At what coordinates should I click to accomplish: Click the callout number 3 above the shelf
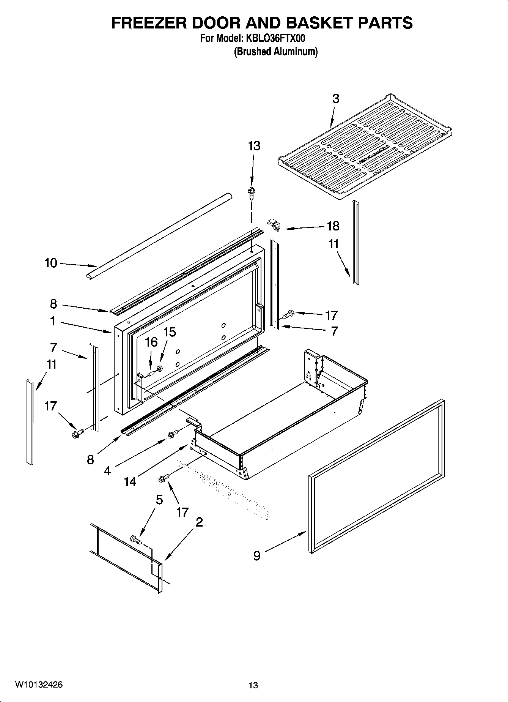(x=336, y=99)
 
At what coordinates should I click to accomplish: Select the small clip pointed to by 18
(x=274, y=225)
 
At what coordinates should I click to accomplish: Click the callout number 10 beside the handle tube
(x=51, y=263)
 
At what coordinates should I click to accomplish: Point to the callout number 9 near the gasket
(x=257, y=556)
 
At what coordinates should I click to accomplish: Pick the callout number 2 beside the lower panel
(x=199, y=522)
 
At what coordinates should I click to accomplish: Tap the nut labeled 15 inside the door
(x=160, y=368)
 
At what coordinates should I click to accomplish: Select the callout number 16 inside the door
(x=151, y=342)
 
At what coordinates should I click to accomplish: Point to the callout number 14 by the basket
(x=130, y=481)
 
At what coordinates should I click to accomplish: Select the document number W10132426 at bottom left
(x=39, y=685)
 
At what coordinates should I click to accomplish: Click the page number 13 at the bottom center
(x=253, y=685)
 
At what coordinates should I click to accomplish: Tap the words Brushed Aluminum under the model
(x=275, y=52)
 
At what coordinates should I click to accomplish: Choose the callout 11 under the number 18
(x=333, y=244)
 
